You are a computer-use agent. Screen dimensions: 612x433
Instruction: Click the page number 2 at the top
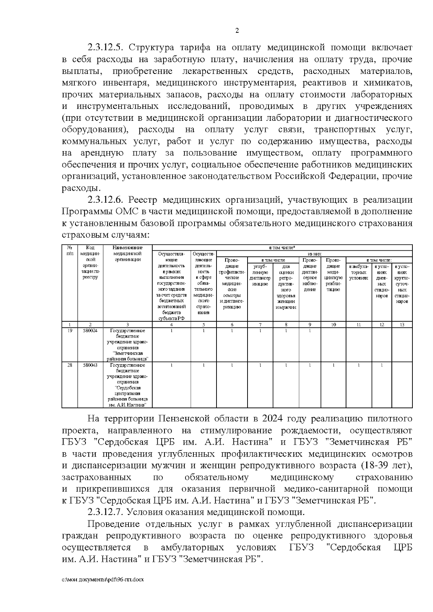pos(237,31)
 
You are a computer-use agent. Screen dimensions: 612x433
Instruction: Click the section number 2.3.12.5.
pos(105,48)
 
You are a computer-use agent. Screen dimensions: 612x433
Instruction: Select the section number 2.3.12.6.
pos(105,200)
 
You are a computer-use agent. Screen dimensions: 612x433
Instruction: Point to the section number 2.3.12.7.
pos(105,512)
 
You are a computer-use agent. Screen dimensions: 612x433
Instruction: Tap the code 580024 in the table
pos(90,330)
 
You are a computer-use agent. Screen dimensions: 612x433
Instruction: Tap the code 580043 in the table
pos(90,365)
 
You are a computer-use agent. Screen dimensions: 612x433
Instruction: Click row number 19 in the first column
pos(70,330)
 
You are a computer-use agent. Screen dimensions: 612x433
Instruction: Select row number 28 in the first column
pos(70,365)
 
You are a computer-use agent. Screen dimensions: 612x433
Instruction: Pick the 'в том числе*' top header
pos(283,248)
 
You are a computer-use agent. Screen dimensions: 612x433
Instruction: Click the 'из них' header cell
pos(312,254)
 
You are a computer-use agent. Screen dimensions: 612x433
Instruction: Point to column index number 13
pos(402,325)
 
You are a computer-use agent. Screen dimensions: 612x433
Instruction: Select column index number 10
pos(333,325)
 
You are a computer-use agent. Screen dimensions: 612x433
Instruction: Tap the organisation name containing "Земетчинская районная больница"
pos(128,345)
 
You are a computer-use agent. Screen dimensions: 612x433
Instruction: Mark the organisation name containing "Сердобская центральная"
pos(128,385)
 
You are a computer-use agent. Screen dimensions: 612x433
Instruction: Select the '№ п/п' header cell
pos(70,251)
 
